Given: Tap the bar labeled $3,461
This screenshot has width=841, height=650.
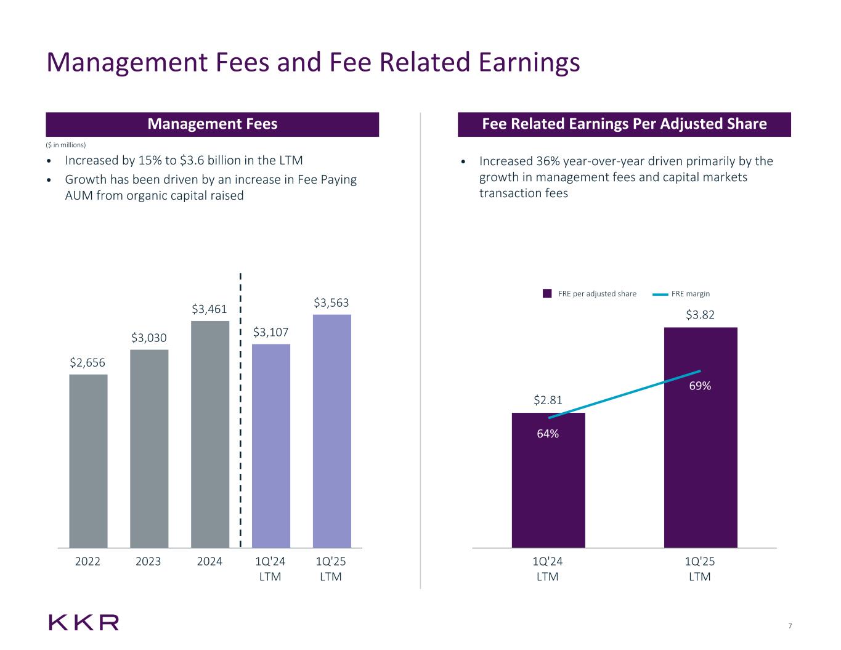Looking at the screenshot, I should pyautogui.click(x=210, y=434).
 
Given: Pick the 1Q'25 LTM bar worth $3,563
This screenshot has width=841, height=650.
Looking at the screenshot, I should pyautogui.click(x=332, y=431).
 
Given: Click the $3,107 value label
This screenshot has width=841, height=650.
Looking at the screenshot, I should pyautogui.click(x=271, y=333).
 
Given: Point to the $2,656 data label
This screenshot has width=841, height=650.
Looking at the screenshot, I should pyautogui.click(x=87, y=363).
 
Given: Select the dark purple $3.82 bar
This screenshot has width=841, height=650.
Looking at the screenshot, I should pyautogui.click(x=701, y=468).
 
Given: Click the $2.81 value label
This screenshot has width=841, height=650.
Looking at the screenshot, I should pyautogui.click(x=548, y=400).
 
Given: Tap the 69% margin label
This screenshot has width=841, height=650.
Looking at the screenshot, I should pyautogui.click(x=700, y=386).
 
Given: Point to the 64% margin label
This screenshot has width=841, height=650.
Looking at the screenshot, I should pyautogui.click(x=548, y=434).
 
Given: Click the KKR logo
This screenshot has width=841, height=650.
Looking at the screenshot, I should pyautogui.click(x=84, y=622).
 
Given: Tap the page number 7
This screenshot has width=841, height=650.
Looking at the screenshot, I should pyautogui.click(x=790, y=627).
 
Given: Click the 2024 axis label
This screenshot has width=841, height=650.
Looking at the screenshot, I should pyautogui.click(x=209, y=561).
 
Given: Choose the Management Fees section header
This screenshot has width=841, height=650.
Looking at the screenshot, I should pyautogui.click(x=213, y=124).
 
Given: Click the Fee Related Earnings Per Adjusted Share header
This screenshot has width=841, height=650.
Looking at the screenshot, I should pyautogui.click(x=624, y=124).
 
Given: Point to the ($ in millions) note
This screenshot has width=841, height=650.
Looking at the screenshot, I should pyautogui.click(x=67, y=145).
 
